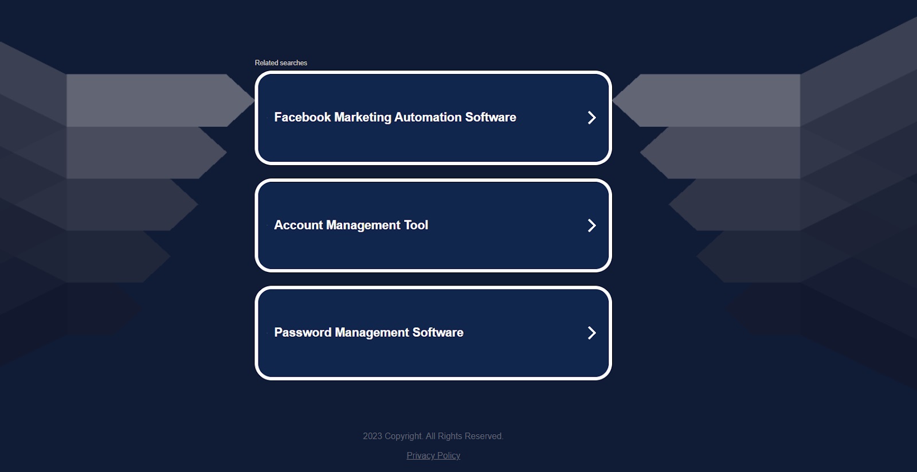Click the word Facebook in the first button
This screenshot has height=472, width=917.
[303, 117]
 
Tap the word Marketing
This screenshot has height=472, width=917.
[363, 118]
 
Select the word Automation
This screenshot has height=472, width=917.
[428, 117]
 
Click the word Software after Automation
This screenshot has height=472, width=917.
[491, 117]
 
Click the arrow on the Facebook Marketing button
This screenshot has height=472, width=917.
[592, 118]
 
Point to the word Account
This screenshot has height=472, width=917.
[299, 225]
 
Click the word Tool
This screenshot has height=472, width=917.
[416, 225]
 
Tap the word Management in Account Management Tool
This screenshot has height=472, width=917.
[363, 225]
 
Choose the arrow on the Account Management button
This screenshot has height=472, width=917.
[592, 225]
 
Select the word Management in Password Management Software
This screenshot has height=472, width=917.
[372, 333]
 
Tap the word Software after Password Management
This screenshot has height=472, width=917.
[438, 332]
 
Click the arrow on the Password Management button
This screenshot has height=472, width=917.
[592, 333]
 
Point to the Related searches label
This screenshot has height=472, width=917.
[281, 63]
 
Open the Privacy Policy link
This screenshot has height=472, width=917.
[433, 455]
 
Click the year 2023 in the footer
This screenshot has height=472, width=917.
[373, 436]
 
